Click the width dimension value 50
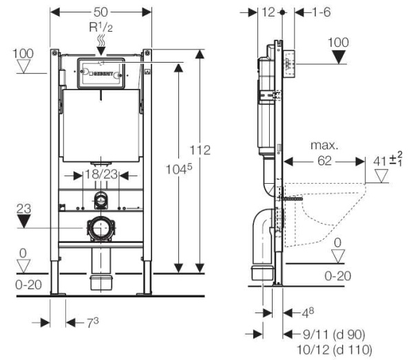[x=101, y=12]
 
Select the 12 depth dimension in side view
[x=268, y=12]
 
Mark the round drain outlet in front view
[x=101, y=228]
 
